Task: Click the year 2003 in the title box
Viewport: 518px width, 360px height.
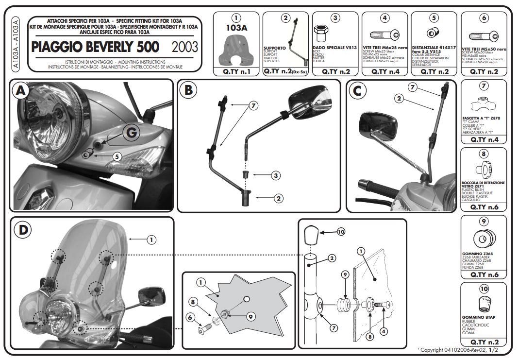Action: pos(185,47)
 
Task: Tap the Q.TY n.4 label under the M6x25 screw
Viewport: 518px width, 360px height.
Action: pos(385,71)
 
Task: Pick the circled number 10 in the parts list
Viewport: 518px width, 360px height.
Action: pos(484,289)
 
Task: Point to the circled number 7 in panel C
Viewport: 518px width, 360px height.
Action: pos(412,87)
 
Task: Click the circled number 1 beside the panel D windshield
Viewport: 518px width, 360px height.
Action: pos(151,239)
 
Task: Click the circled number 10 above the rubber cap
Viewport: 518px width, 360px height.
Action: pos(340,232)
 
